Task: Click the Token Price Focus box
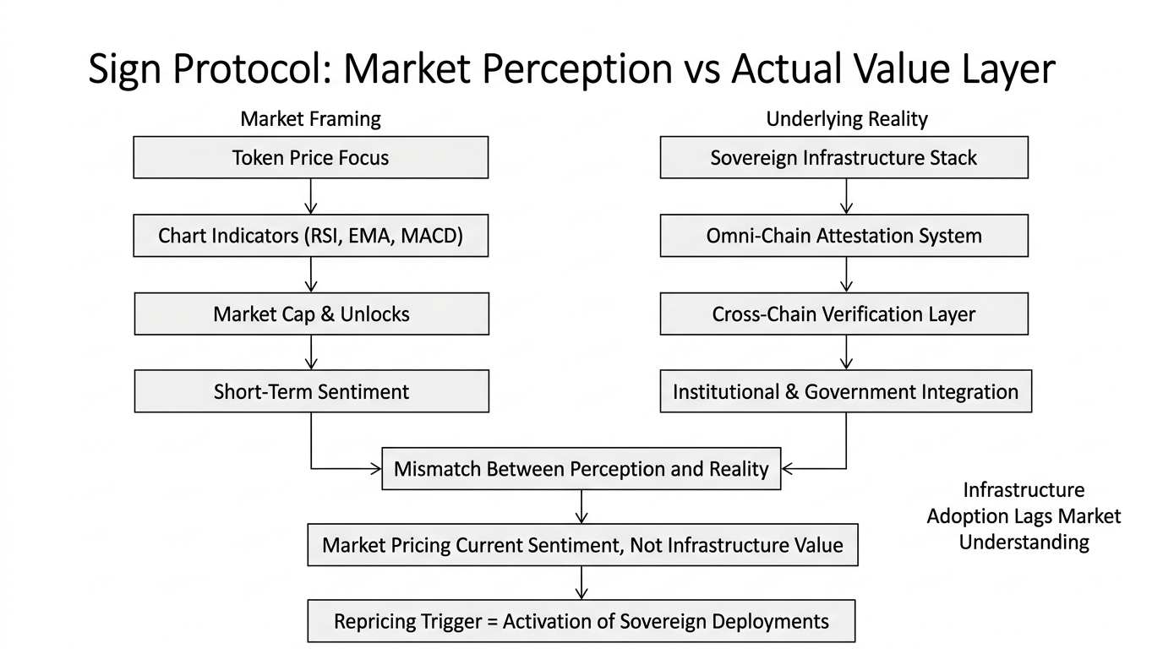(x=310, y=158)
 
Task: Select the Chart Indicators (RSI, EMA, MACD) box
(x=310, y=236)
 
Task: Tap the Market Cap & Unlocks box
(x=310, y=314)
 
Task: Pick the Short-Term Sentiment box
(x=310, y=392)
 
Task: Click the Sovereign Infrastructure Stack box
(x=844, y=158)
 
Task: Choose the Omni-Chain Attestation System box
(x=844, y=236)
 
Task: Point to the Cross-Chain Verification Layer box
(x=844, y=314)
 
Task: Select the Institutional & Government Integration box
(x=845, y=392)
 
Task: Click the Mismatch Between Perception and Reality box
(x=581, y=469)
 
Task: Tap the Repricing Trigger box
(x=581, y=622)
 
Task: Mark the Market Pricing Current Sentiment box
(x=581, y=545)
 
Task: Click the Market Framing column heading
(x=310, y=119)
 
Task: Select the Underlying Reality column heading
(x=846, y=119)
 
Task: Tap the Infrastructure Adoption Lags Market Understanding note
(x=1024, y=515)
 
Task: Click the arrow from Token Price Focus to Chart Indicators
(x=310, y=196)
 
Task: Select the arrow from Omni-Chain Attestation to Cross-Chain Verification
(x=846, y=275)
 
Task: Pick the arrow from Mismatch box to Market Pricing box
(x=581, y=507)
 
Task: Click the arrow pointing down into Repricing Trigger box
(x=581, y=583)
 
